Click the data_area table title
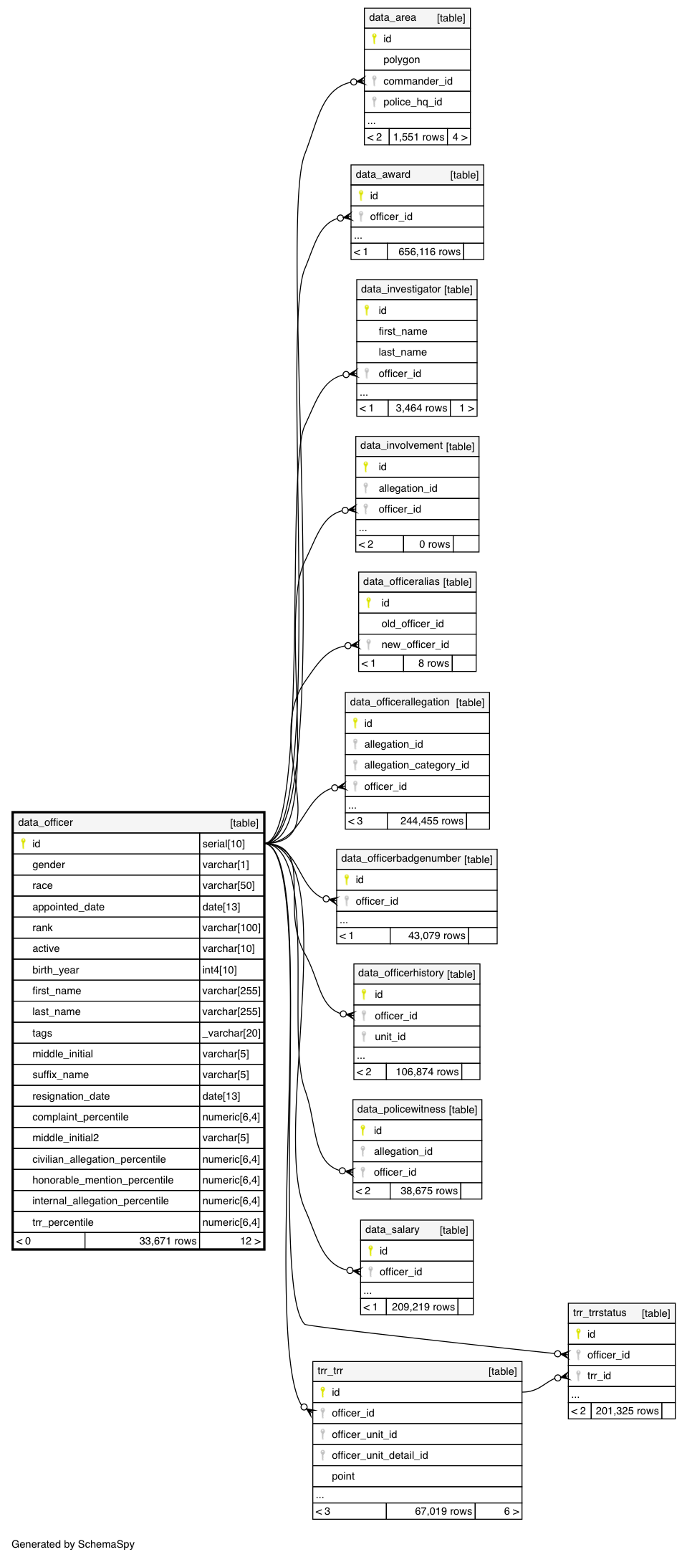(392, 18)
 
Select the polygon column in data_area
(401, 60)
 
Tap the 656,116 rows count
(428, 252)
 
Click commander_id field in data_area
(417, 81)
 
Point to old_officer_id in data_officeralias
(412, 624)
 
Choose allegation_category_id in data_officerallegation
(416, 765)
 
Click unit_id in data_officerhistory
(390, 1037)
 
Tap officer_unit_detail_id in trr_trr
(380, 1455)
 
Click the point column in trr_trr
(343, 1476)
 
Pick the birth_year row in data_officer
(56, 970)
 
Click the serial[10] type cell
(224, 844)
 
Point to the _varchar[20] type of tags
(231, 1033)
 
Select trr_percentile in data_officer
(63, 1222)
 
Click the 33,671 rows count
(168, 1241)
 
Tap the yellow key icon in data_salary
(370, 1250)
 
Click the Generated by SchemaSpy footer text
(73, 1544)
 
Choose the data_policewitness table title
(401, 1109)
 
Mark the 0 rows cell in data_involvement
(434, 544)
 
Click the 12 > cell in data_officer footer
(250, 1241)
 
